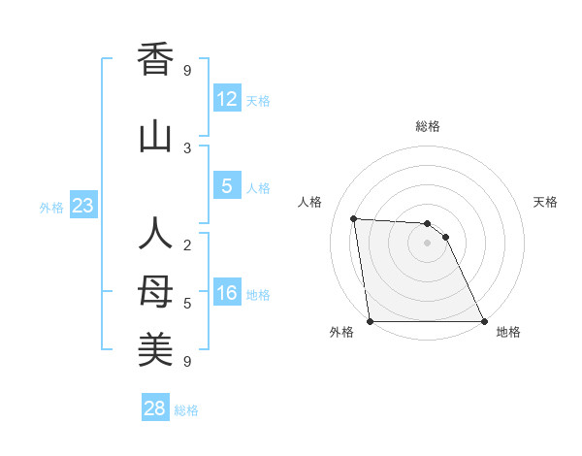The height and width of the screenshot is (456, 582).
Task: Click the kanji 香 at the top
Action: click(155, 59)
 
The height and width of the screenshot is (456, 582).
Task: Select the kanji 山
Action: click(155, 137)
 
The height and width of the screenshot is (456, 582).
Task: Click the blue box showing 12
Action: click(226, 99)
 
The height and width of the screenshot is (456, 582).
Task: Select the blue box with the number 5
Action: click(226, 186)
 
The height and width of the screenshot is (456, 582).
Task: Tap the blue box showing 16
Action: click(226, 293)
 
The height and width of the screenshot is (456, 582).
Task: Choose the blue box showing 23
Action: click(82, 206)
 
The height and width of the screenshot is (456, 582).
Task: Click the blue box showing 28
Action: click(155, 408)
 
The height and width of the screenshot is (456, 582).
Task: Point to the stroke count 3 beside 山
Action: click(187, 147)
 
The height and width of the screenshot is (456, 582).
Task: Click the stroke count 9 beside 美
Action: click(187, 362)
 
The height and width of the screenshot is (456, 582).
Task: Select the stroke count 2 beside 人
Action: click(187, 244)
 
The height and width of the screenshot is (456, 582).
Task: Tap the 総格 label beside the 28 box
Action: click(186, 410)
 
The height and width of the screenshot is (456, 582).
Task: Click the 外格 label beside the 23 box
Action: click(51, 207)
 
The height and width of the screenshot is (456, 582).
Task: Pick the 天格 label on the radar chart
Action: click(545, 202)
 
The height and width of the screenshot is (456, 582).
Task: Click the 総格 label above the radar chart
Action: click(428, 126)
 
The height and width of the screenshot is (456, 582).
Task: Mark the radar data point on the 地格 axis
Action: click(483, 321)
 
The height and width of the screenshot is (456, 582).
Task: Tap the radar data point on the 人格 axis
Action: click(353, 218)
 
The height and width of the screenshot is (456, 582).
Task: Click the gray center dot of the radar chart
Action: click(427, 243)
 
